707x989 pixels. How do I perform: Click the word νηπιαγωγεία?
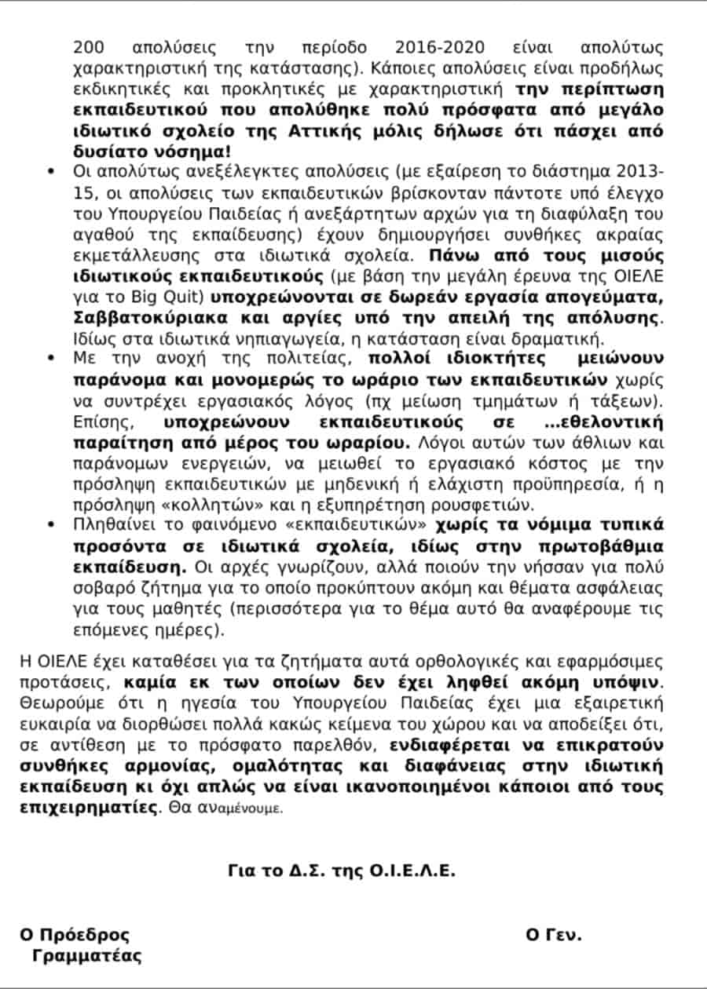click(x=253, y=340)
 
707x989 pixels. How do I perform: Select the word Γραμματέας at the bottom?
click(x=86, y=956)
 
